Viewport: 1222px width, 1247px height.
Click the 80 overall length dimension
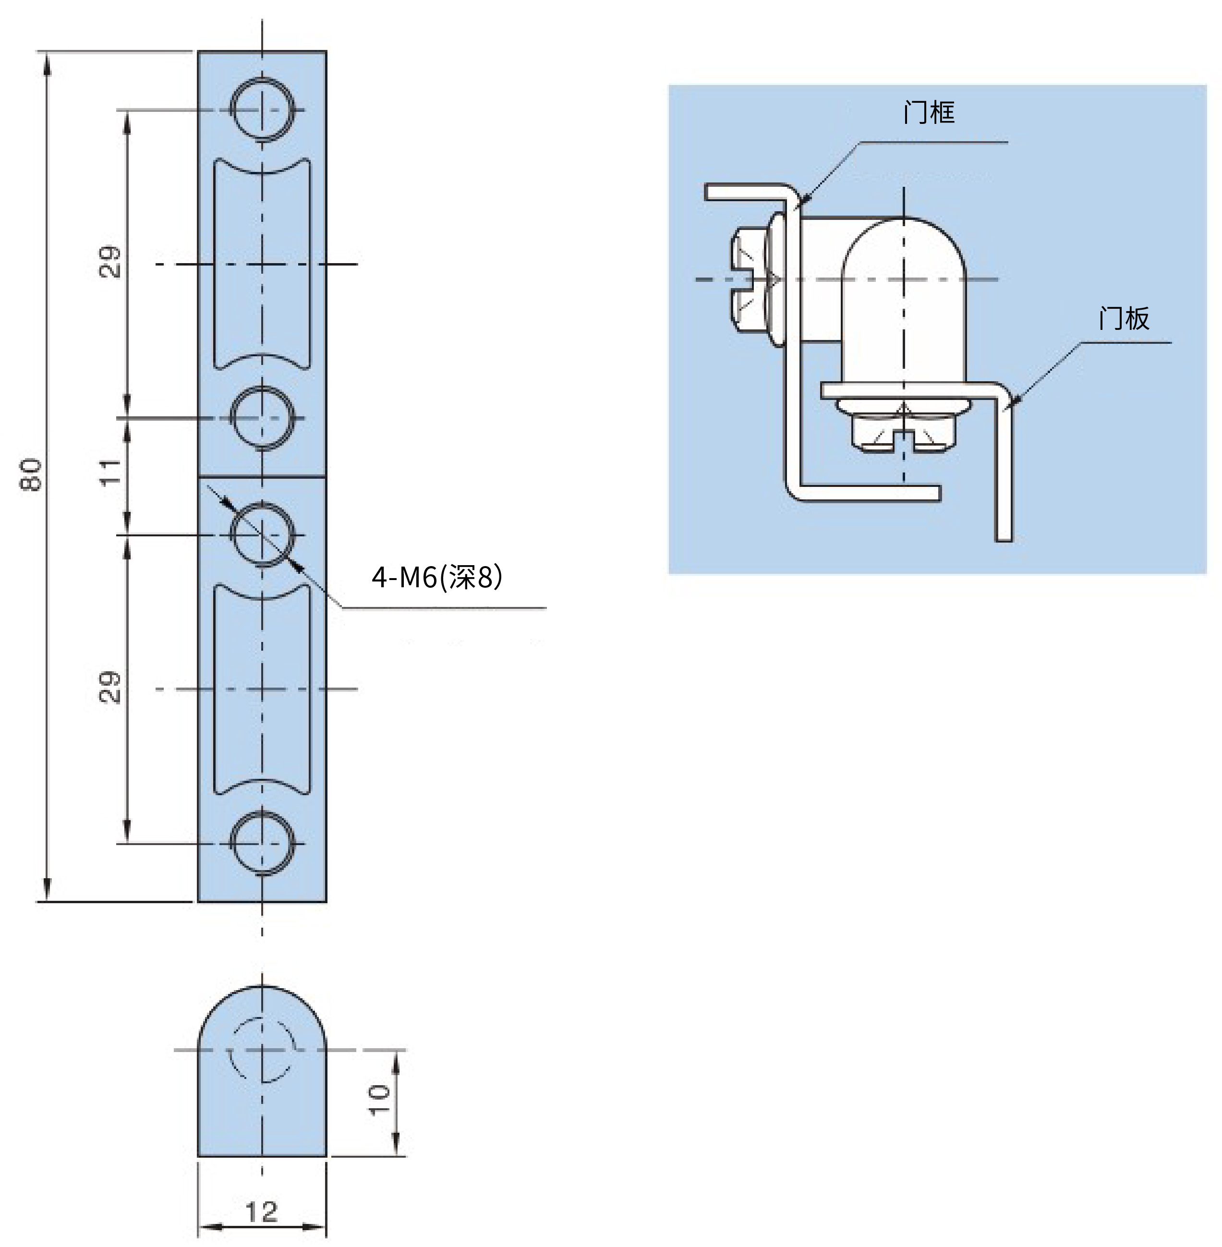(x=31, y=475)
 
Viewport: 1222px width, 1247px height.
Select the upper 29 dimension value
(x=110, y=261)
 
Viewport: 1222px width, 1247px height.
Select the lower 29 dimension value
(x=110, y=687)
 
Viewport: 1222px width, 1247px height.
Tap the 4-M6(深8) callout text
(x=437, y=577)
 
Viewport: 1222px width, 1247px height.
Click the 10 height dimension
(x=380, y=1100)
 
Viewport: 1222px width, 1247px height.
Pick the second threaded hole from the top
(x=262, y=418)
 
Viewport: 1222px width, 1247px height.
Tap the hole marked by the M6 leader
(x=262, y=534)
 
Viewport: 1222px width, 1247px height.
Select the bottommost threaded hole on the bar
(x=262, y=843)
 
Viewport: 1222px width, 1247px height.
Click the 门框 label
(x=928, y=112)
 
